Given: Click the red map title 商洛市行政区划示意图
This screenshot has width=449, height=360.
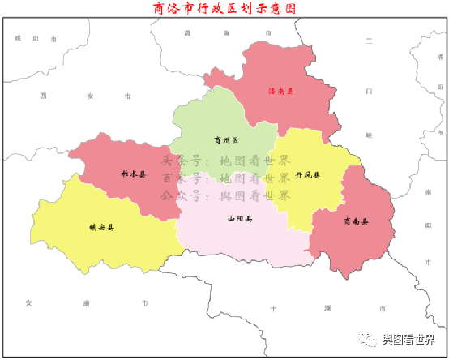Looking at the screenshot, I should click(224, 10).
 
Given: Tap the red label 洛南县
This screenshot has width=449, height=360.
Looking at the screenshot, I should click(281, 91).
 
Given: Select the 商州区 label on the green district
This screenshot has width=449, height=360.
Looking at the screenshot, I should click(222, 139).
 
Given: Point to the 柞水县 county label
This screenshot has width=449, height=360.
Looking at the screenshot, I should click(134, 174).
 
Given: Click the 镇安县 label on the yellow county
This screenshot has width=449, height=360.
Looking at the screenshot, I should click(101, 228).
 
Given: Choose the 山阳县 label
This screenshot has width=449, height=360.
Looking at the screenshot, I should click(239, 218).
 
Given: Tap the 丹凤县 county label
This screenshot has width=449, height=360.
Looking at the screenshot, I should click(307, 175).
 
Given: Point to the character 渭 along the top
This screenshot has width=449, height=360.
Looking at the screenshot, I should click(187, 32).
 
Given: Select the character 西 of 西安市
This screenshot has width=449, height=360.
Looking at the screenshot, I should click(42, 96).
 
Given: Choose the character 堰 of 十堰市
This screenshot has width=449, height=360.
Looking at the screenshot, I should click(327, 309).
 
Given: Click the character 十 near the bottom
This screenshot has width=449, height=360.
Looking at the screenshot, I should click(273, 309).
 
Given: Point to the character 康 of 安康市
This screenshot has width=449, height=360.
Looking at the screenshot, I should click(87, 303).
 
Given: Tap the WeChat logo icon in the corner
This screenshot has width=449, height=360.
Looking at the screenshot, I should click(370, 338).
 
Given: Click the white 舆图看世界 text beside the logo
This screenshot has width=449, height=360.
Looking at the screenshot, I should click(413, 338).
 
